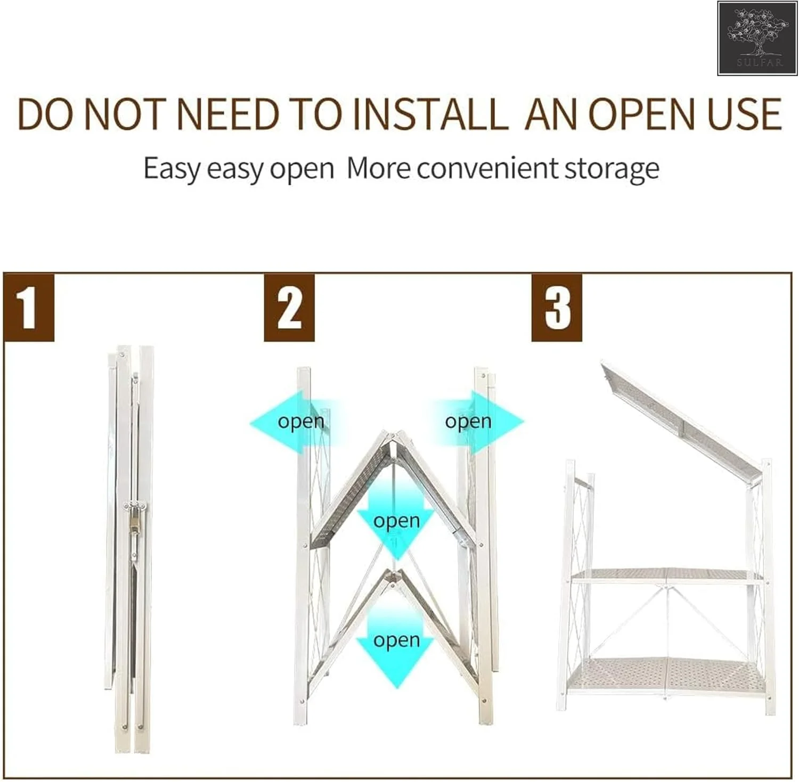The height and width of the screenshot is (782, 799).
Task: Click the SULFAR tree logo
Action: [759, 38]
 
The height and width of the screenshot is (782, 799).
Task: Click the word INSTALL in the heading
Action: [430, 114]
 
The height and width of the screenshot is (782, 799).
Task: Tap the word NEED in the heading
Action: [228, 114]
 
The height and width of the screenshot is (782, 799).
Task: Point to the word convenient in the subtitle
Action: [487, 168]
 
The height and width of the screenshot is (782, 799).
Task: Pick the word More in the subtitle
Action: [379, 168]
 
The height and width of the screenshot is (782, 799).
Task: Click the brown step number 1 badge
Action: [29, 308]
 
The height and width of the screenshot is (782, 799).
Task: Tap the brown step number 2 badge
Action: [289, 308]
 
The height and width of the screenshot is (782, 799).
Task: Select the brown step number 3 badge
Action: [557, 308]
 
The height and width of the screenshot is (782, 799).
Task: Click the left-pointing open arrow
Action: [294, 422]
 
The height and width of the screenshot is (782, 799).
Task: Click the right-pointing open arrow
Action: [476, 422]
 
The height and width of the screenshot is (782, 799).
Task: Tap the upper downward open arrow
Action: [396, 519]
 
